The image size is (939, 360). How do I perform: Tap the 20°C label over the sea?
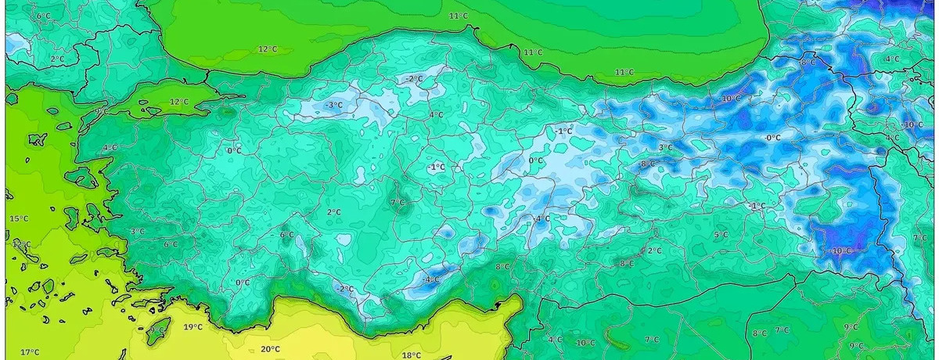pos(271,349)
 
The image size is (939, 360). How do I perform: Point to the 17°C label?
pos(30,351)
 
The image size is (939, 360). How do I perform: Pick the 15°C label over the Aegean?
pos(19,218)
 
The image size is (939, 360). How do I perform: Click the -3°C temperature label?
pos(334,105)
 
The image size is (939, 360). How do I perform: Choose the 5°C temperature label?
pos(721,234)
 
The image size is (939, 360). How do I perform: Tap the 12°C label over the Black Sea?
pos(268,49)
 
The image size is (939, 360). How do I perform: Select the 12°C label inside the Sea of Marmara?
pos(180,102)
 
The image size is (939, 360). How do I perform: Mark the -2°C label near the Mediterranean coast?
pos(345,288)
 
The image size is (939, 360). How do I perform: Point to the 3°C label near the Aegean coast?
pos(138,231)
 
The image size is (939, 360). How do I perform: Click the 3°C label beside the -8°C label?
pos(665,147)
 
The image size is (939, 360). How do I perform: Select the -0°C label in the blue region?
pos(773,137)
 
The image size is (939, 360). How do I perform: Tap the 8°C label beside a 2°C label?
pos(627,263)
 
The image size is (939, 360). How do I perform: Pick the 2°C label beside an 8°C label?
pos(654,250)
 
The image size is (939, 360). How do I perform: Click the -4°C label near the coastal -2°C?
pos(430,279)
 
